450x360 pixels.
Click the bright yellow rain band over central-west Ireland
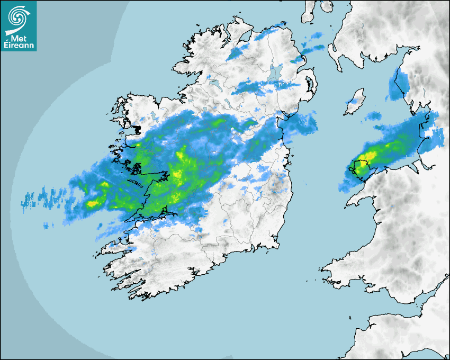pyautogui.click(x=180, y=169)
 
